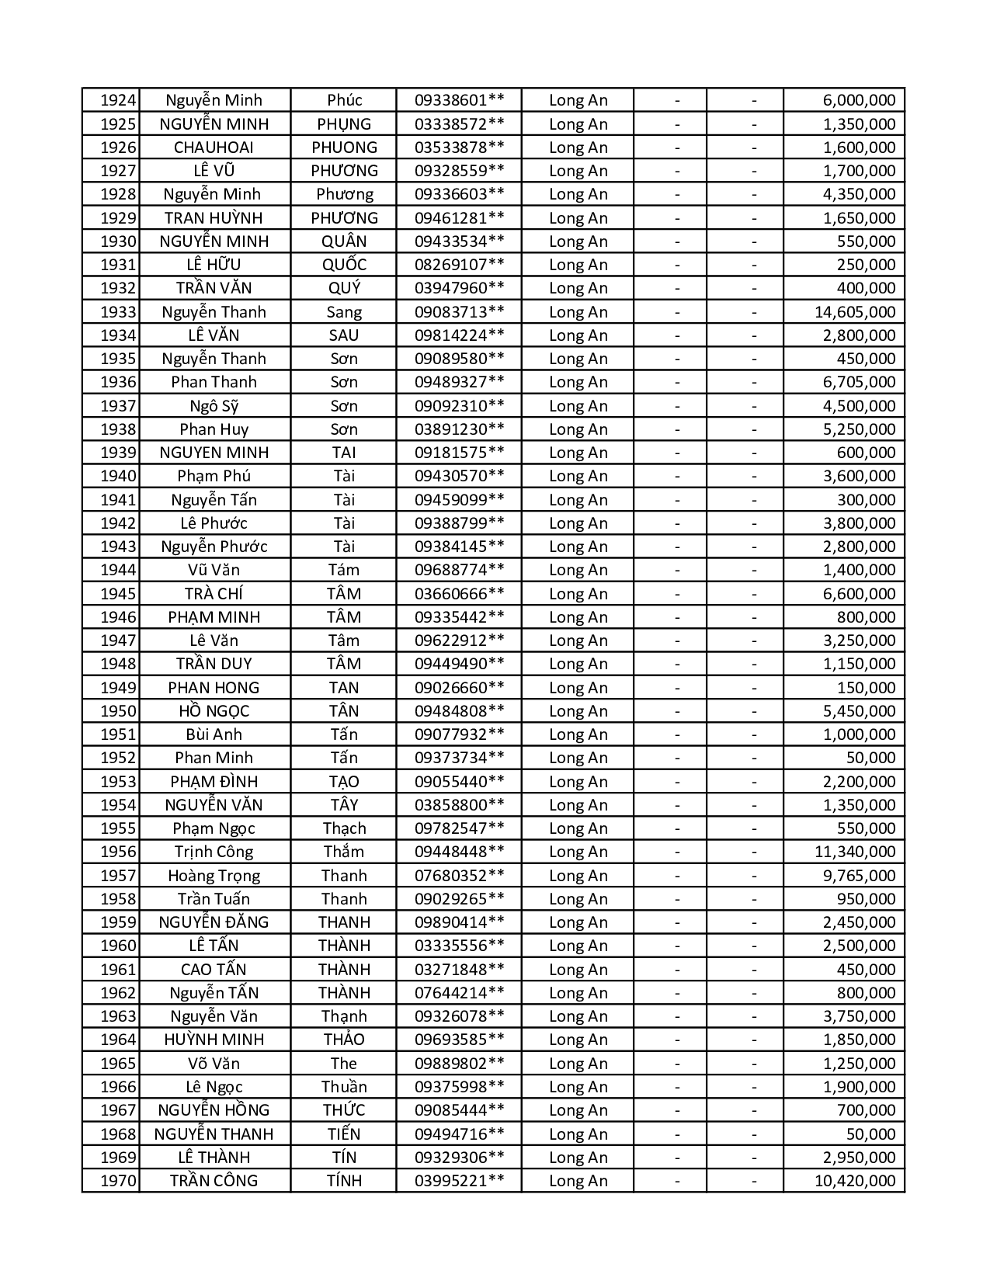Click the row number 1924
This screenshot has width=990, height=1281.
click(118, 100)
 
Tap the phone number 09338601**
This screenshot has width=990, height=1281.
click(459, 100)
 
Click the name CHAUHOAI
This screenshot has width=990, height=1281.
click(214, 148)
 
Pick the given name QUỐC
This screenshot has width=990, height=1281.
click(344, 265)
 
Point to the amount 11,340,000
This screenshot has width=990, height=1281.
click(854, 852)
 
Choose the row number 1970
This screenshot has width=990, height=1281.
click(118, 1181)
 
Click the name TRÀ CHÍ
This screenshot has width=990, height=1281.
click(214, 594)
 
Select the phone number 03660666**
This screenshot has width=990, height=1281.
click(459, 594)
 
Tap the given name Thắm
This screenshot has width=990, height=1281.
click(344, 852)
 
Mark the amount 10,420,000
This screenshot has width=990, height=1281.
click(854, 1181)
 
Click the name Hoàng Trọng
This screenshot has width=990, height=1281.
click(214, 876)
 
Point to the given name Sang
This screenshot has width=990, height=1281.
click(344, 312)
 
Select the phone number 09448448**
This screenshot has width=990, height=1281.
click(459, 852)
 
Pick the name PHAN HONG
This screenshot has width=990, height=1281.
click(214, 688)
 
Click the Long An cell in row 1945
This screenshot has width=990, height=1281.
click(578, 594)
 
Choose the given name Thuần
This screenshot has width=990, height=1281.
click(344, 1087)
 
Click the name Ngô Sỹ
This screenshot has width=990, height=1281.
click(214, 406)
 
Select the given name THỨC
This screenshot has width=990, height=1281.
click(344, 1110)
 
